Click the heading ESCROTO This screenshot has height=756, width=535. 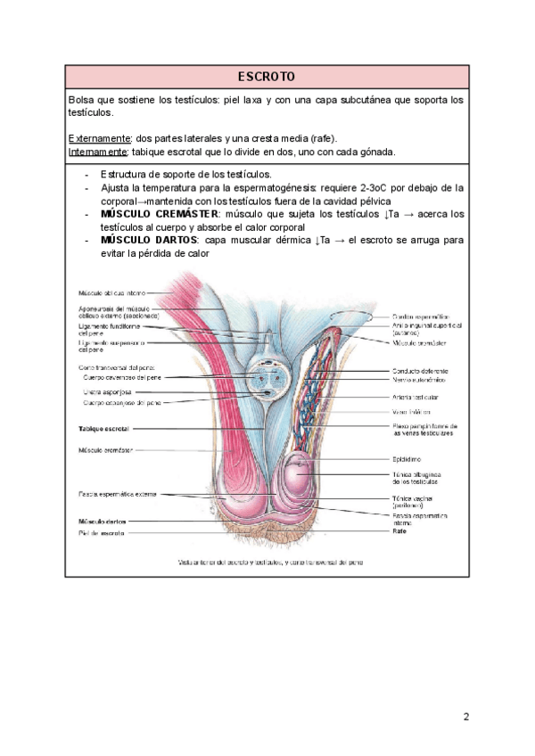tap(267, 76)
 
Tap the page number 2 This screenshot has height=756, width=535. tap(465, 716)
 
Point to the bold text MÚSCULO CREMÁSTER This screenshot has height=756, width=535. tap(160, 214)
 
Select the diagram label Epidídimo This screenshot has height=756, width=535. tap(409, 458)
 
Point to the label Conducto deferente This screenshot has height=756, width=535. tap(421, 371)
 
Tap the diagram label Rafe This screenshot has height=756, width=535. tap(399, 531)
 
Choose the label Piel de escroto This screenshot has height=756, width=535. tap(101, 533)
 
